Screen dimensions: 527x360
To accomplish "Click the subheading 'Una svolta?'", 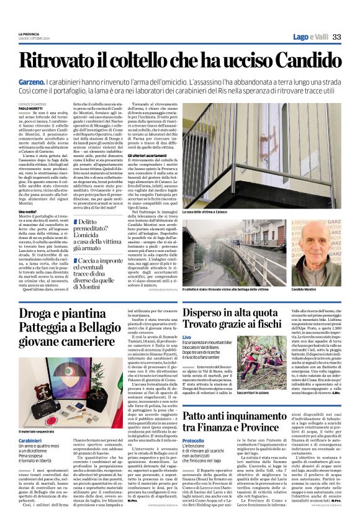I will point(27,212).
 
